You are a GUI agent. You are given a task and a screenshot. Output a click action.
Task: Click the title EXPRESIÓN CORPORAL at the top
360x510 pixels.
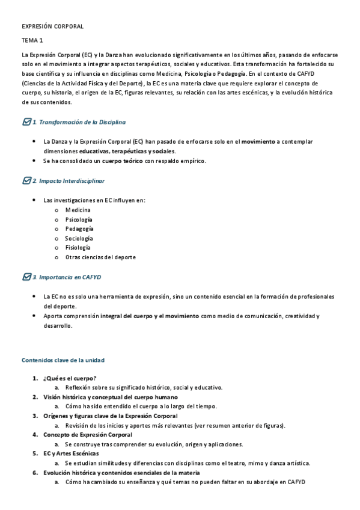tap(52, 27)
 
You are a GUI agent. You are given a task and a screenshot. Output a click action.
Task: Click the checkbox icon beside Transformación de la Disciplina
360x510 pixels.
tap(26, 122)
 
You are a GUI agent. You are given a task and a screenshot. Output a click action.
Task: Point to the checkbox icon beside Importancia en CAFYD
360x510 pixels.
tap(26, 277)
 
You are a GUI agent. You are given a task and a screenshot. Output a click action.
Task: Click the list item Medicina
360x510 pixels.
tap(78, 210)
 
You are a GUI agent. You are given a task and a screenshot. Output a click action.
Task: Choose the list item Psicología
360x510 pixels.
tap(79, 220)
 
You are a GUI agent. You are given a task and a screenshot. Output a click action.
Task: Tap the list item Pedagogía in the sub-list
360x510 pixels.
tap(79, 229)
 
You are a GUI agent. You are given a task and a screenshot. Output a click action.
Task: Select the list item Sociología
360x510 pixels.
tap(79, 239)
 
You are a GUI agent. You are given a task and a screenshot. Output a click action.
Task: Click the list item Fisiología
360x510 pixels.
tap(78, 248)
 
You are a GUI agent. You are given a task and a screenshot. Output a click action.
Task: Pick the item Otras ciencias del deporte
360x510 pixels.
tap(100, 257)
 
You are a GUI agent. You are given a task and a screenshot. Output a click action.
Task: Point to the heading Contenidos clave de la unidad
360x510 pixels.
tap(63, 360)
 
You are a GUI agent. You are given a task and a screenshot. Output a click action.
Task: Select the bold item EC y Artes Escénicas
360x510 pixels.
tap(71, 453)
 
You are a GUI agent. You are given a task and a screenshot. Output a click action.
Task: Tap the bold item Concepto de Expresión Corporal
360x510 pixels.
tap(88, 435)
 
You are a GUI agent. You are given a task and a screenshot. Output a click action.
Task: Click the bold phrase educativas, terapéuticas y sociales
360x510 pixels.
tap(127, 152)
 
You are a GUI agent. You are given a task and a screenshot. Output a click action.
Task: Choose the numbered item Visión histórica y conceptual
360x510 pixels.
tap(110, 397)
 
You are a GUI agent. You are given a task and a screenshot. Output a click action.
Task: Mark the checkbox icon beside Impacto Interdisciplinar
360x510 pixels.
tap(26, 180)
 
